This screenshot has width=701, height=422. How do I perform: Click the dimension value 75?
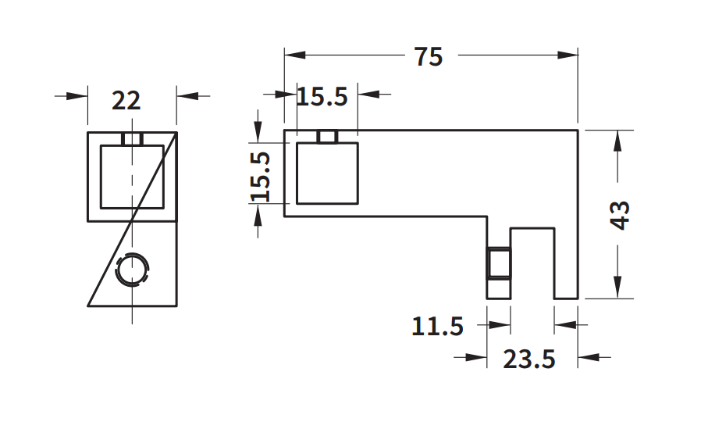pyautogui.click(x=429, y=57)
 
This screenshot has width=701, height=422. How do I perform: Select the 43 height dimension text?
pyautogui.click(x=621, y=215)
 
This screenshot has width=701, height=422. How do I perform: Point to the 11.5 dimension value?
pyautogui.click(x=438, y=326)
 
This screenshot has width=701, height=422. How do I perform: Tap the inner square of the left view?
pyautogui.click(x=132, y=177)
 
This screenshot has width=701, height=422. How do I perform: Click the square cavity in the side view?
pyautogui.click(x=327, y=173)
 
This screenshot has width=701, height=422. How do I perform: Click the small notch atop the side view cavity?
pyautogui.click(x=328, y=137)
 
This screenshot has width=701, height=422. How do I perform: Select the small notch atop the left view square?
pyautogui.click(x=132, y=138)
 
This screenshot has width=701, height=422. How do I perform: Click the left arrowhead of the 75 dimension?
pyautogui.click(x=294, y=55)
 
